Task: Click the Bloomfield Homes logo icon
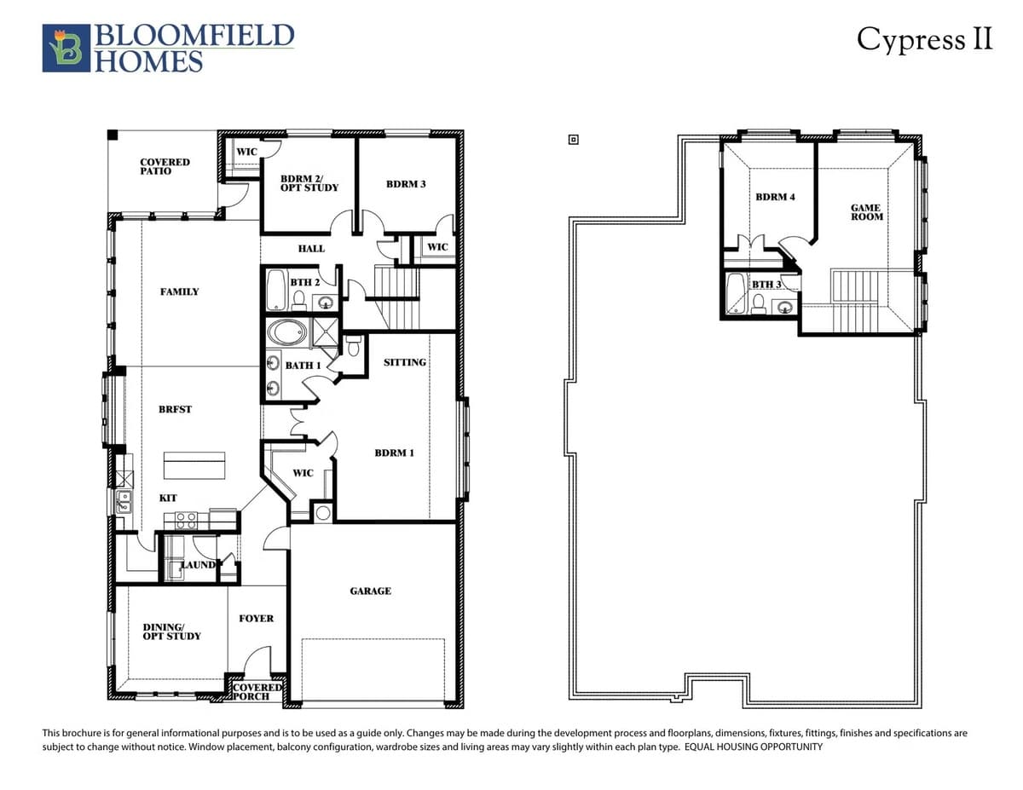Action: tap(66, 48)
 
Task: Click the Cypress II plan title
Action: tap(924, 38)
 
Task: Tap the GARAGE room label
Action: tap(370, 591)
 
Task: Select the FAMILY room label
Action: tap(179, 291)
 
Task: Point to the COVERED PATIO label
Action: tap(165, 166)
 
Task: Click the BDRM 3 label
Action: tap(406, 184)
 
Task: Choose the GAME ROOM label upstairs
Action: tap(867, 212)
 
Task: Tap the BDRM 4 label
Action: tap(775, 197)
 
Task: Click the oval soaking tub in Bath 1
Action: tap(286, 333)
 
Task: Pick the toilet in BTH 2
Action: tap(298, 300)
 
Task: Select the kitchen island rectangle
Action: tap(194, 465)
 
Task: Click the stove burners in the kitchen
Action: tap(186, 521)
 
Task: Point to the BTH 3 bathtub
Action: tap(735, 294)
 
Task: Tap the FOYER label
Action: tap(256, 618)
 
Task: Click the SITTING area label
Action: tap(405, 362)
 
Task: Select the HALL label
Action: tap(311, 249)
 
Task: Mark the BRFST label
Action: tap(175, 409)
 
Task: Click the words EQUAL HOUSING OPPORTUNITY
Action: tap(754, 747)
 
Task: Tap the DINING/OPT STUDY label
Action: tap(171, 631)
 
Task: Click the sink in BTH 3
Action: tap(784, 308)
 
